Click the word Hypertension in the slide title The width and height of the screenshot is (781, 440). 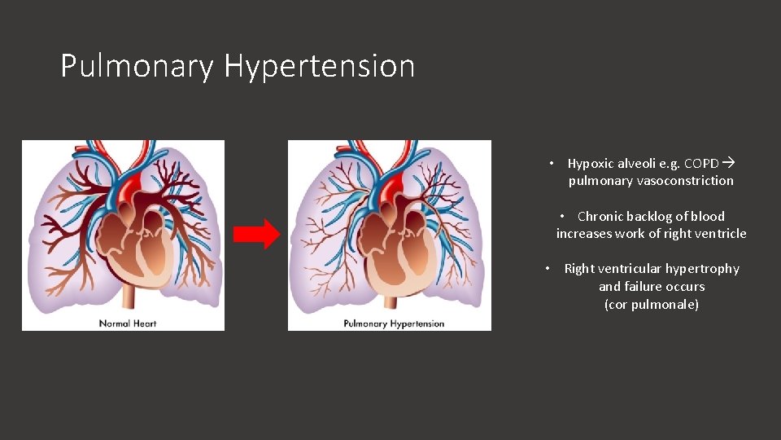click(x=319, y=66)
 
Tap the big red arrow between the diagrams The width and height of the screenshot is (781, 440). click(x=256, y=235)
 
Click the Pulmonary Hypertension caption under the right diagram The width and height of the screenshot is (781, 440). click(x=394, y=323)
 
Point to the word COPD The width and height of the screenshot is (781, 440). click(x=702, y=163)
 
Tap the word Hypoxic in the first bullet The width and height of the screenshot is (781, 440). click(x=591, y=163)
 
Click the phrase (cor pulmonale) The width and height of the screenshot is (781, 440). click(x=651, y=305)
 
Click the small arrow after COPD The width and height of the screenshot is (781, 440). click(x=728, y=163)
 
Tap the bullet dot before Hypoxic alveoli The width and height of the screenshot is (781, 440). click(x=552, y=163)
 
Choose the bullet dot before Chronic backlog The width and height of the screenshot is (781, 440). click(x=562, y=216)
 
